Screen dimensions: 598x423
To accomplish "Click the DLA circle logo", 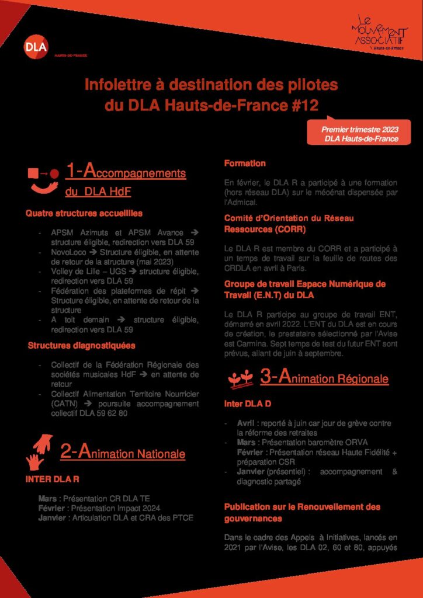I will click(x=37, y=47).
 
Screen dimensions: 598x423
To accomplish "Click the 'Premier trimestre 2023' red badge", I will click(x=359, y=134).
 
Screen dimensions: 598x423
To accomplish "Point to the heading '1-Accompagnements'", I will click(x=126, y=172).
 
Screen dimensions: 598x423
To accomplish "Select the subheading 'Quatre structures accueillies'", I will click(x=84, y=213).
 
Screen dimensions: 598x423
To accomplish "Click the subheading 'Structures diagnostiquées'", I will click(x=82, y=346).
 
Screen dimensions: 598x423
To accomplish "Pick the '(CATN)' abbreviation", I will click(x=64, y=404).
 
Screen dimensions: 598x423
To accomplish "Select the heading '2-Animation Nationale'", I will click(x=123, y=452).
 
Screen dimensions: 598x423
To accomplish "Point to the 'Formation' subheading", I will click(x=245, y=164).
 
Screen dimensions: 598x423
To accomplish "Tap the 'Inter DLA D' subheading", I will click(x=248, y=404).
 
